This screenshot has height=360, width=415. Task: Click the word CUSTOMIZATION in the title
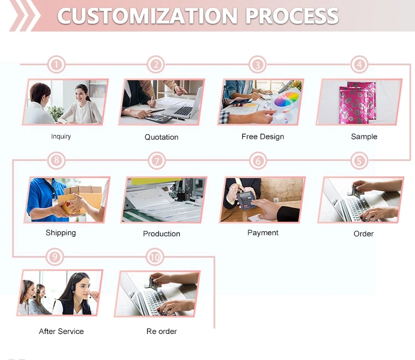(147, 16)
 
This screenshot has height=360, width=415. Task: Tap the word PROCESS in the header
(292, 16)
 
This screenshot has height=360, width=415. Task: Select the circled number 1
(56, 65)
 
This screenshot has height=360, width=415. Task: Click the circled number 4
(359, 64)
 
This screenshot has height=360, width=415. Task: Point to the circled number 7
(157, 160)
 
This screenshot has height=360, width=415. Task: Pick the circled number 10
(155, 257)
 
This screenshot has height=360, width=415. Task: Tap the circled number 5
(359, 160)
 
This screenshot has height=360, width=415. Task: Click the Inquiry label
(61, 137)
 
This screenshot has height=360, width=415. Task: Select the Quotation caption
(162, 137)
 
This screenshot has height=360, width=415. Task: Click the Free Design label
(263, 137)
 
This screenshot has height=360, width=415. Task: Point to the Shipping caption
(61, 233)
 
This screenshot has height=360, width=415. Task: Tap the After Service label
(61, 331)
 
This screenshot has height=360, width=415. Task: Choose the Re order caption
(162, 331)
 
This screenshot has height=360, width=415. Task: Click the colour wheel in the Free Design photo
(287, 99)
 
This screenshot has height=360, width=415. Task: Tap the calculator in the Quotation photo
(159, 118)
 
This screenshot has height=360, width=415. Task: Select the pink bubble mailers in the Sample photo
(357, 102)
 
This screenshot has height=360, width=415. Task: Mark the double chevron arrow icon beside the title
(24, 15)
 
